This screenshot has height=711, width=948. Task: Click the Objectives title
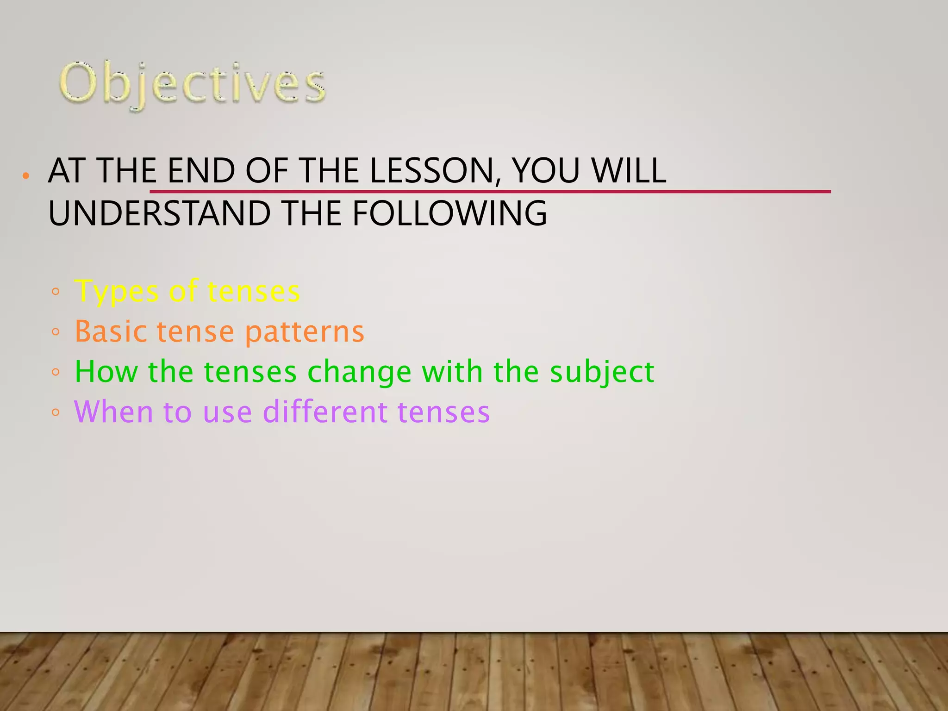tap(192, 84)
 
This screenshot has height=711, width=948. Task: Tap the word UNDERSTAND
tap(159, 213)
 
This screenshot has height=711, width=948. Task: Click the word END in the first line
tap(201, 171)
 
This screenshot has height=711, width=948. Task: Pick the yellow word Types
tap(116, 292)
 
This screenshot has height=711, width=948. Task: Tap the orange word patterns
tap(304, 332)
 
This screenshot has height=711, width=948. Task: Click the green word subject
tap(602, 372)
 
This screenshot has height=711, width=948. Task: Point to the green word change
tap(359, 372)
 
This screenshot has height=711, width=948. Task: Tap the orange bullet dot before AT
tap(26, 176)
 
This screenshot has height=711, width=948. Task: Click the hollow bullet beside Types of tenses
tap(56, 292)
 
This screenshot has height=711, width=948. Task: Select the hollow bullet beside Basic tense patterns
tap(56, 332)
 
